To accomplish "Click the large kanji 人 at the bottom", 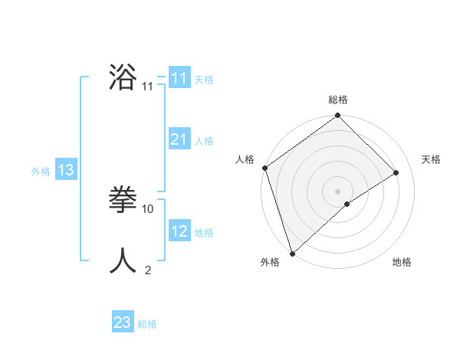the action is [123, 260].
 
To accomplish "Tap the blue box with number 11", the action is [179, 78].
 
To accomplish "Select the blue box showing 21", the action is [179, 139].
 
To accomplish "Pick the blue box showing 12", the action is [179, 231].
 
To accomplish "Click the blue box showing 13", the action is [65, 170].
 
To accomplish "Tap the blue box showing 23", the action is [122, 322].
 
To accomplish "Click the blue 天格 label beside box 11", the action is [204, 80].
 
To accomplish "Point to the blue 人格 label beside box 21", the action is [204, 141].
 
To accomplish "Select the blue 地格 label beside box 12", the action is [204, 233].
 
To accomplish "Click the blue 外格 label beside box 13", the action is [41, 172].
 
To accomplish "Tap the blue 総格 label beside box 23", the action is [147, 324].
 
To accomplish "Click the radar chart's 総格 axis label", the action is [338, 100].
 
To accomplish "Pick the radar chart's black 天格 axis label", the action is [431, 159].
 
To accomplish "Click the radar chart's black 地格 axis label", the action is [402, 262].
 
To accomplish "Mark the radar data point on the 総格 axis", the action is [338, 116].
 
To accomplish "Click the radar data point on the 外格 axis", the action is [291, 253].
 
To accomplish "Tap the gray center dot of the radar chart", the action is [338, 191].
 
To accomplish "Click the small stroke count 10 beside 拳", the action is [149, 208].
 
